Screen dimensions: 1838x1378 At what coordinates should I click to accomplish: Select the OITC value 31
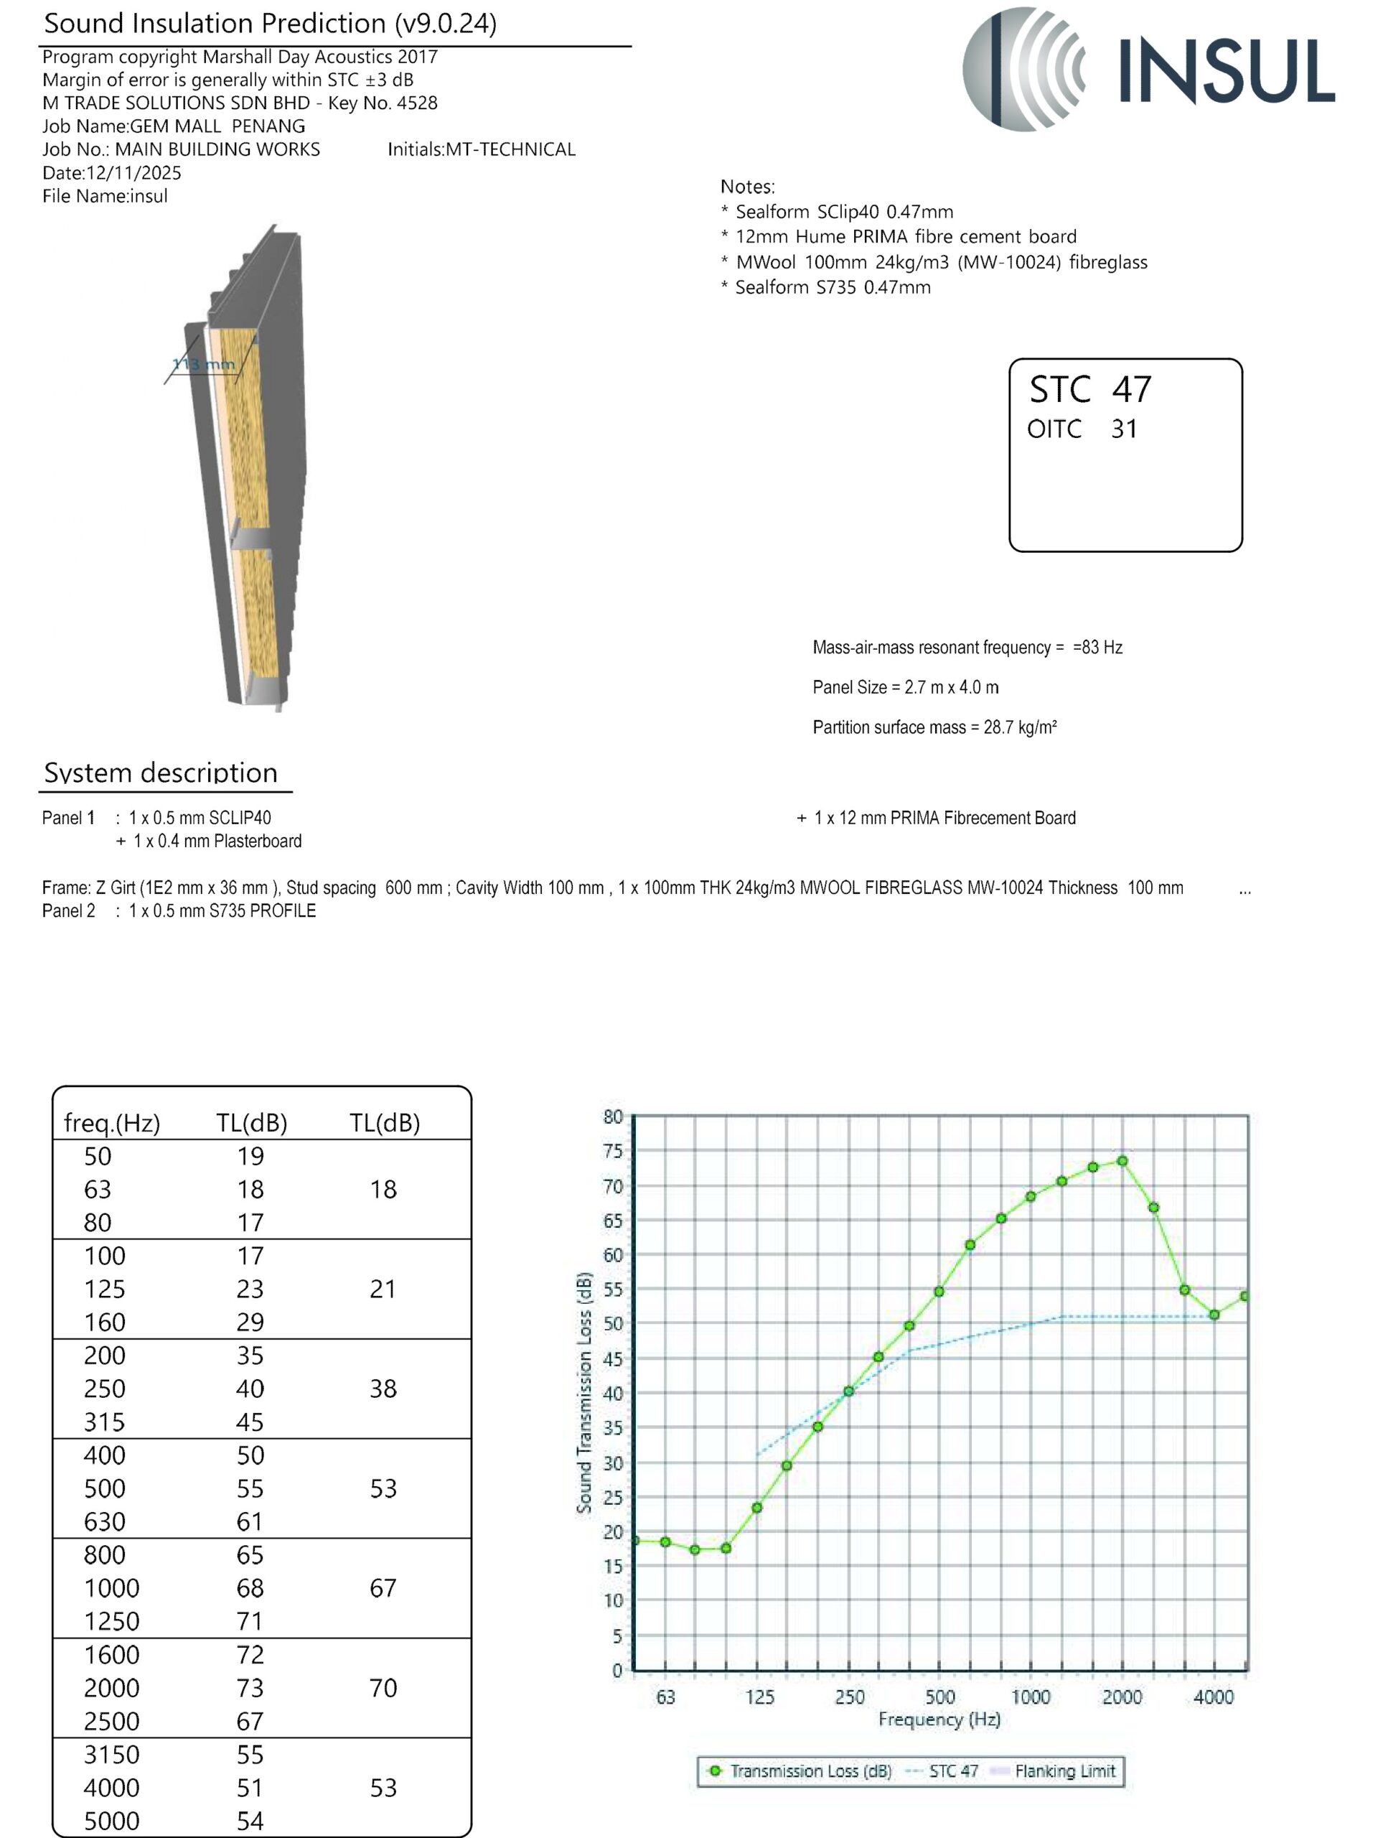tap(1124, 429)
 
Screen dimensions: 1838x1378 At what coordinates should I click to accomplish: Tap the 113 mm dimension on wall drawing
tap(204, 364)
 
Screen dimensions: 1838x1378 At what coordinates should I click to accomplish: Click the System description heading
tap(160, 773)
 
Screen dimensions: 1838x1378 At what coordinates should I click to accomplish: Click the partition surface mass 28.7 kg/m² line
tap(934, 727)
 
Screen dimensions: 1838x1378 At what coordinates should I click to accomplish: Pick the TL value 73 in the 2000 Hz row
tap(250, 1688)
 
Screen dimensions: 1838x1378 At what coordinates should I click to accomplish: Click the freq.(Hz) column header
tap(111, 1123)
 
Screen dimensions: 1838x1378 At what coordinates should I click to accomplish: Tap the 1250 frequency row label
tap(111, 1621)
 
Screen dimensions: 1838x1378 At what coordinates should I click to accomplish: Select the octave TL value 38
tap(383, 1389)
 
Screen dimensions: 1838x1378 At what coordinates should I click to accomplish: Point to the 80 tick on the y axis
tap(613, 1116)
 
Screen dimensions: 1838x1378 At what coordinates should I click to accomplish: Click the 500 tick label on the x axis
tap(939, 1697)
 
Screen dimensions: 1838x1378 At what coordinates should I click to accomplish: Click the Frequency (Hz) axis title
tap(939, 1720)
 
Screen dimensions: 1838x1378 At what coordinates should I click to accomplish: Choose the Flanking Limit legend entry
tap(1064, 1771)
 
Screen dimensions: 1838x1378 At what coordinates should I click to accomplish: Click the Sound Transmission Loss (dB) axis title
tap(585, 1393)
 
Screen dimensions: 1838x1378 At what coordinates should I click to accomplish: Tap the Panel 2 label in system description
tap(68, 910)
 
